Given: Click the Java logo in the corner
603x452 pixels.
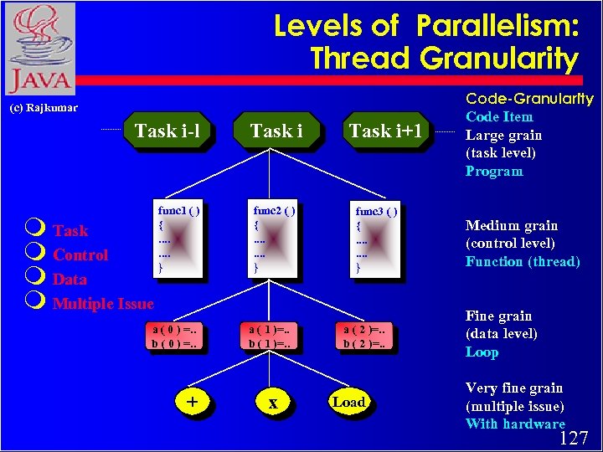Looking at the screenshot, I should (39, 49).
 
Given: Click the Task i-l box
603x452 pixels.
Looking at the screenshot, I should (167, 131).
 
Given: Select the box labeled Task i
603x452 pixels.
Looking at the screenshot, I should (276, 131).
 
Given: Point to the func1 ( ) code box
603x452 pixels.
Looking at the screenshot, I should (178, 239).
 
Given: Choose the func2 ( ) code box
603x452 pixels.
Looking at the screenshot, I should (273, 239).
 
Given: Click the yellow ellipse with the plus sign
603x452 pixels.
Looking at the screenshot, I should (193, 403).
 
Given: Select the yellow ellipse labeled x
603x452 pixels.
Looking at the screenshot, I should (272, 403).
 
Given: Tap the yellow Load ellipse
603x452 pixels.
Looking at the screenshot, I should (348, 403).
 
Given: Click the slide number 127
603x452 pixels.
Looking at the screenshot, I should (574, 439).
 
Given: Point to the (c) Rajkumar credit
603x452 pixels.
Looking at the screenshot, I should (44, 108).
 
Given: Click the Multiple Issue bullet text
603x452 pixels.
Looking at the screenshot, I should (103, 303).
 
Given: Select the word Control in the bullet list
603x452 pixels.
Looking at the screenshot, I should (80, 254).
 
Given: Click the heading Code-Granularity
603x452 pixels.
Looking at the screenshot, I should (529, 99).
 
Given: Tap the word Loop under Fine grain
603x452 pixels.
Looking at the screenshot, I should (482, 352).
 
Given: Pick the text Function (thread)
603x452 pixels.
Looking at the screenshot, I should (523, 262).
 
